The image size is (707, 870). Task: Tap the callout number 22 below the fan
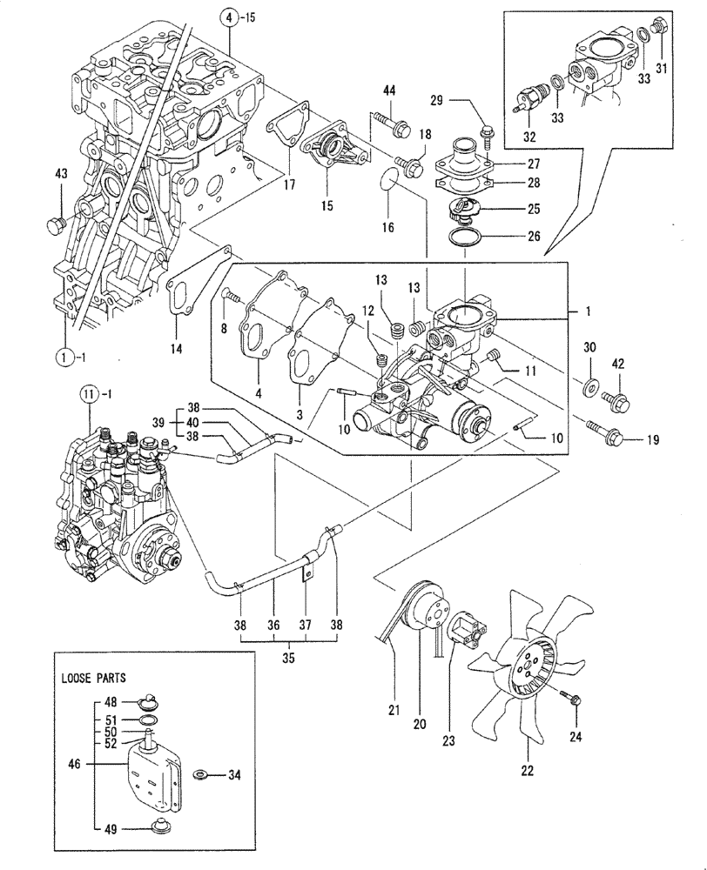coord(528,769)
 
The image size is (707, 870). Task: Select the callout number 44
coord(387,90)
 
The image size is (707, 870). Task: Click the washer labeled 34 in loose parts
coord(199,773)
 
